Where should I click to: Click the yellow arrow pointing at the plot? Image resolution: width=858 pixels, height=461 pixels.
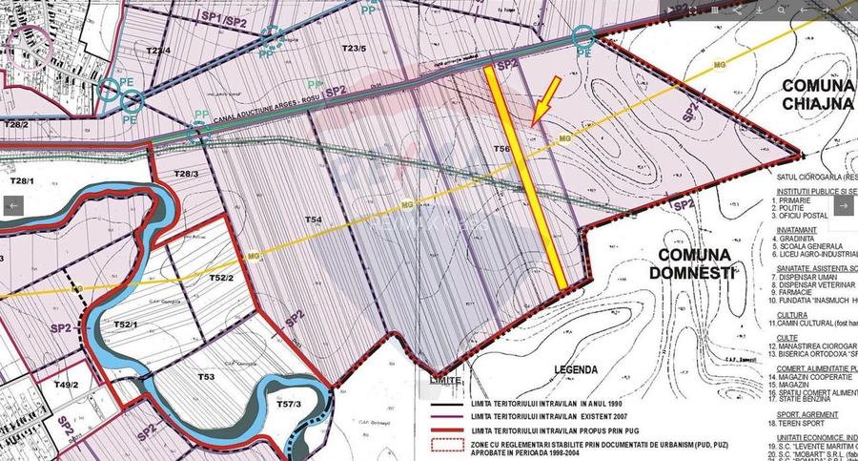pyautogui.click(x=543, y=101)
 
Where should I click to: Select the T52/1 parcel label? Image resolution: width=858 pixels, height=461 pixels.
pyautogui.click(x=127, y=325)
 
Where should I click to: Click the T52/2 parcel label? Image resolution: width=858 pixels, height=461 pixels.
pyautogui.click(x=222, y=277)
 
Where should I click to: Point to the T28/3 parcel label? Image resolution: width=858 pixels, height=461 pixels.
pyautogui.click(x=186, y=173)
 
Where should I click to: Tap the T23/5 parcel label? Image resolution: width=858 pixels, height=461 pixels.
pyautogui.click(x=354, y=48)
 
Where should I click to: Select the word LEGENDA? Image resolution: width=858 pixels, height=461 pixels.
pyautogui.click(x=576, y=367)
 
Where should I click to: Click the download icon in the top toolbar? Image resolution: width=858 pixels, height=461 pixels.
pyautogui.click(x=760, y=10)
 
